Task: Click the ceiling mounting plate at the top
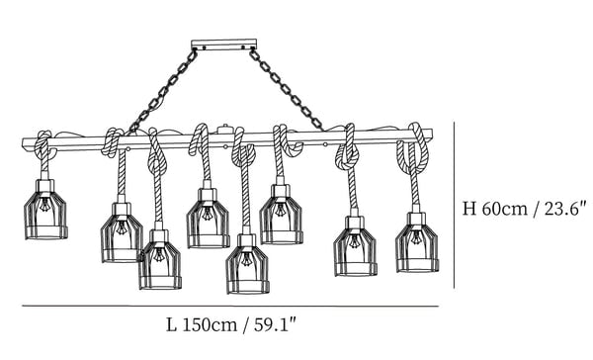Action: (224, 45)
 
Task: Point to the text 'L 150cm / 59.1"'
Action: (230, 325)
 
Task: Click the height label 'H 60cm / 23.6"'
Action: (524, 209)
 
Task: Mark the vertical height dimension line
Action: (454, 205)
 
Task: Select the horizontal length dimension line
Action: (230, 306)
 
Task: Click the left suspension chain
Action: (163, 91)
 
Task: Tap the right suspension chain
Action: (287, 90)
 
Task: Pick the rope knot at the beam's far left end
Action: (45, 145)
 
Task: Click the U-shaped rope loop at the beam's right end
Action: (414, 150)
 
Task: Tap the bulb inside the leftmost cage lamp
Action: (44, 205)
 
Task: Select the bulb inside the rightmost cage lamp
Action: (416, 237)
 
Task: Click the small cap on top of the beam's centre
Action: (224, 130)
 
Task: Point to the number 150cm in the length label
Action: (210, 325)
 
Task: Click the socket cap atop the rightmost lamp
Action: (416, 219)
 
